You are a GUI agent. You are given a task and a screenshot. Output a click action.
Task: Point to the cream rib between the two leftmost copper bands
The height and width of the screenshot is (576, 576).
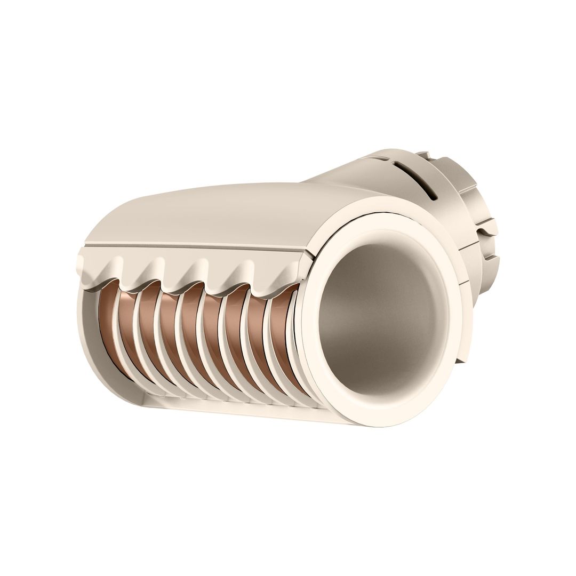coord(118,336)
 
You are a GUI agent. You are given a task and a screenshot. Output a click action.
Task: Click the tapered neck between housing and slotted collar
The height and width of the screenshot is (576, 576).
coord(341,179)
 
